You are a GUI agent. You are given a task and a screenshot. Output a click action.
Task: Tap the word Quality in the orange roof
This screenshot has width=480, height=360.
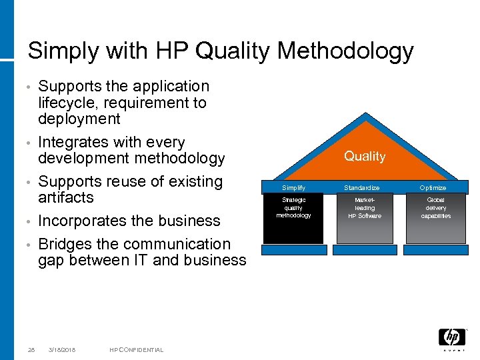[x=365, y=156]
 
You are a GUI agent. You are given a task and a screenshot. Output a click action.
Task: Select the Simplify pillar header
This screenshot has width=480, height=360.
[x=293, y=188]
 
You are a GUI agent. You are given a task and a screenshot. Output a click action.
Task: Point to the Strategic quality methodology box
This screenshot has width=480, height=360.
[x=293, y=208]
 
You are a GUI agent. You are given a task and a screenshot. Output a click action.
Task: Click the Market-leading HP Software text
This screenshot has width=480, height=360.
[x=365, y=208]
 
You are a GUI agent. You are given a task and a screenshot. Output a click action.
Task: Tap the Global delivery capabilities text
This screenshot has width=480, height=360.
[x=436, y=208]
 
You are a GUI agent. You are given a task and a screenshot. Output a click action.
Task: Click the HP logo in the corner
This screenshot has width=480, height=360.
[x=451, y=338]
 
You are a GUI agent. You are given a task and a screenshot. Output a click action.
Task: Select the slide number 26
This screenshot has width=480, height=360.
[x=31, y=350]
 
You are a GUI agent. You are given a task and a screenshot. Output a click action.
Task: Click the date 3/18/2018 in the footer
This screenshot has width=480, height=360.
[x=62, y=350]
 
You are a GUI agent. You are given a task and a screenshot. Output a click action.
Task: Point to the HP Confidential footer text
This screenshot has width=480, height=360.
[x=136, y=350]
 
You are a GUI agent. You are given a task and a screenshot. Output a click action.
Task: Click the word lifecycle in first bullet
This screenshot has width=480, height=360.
[x=67, y=103]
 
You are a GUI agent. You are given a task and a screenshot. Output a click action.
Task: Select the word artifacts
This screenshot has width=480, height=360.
[x=66, y=197]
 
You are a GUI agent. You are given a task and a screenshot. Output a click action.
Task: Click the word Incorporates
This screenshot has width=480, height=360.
[x=82, y=221]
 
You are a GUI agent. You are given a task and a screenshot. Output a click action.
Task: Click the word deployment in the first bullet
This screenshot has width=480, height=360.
[x=79, y=119]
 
